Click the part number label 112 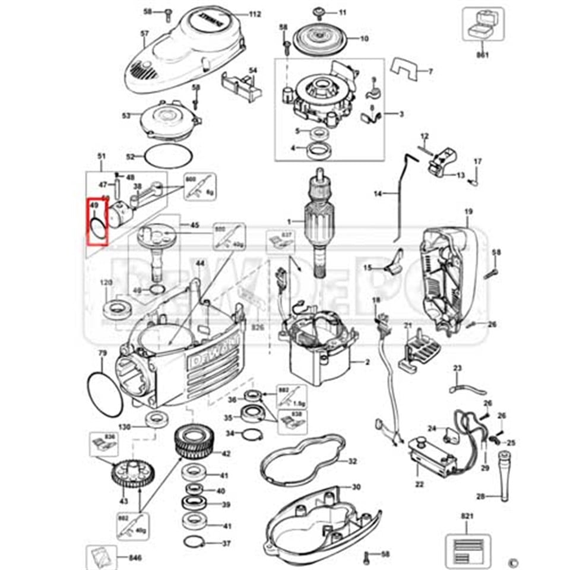pyautogui.click(x=255, y=14)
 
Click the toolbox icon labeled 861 pyautogui.click(x=483, y=24)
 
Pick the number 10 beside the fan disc pyautogui.click(x=364, y=39)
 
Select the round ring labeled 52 pyautogui.click(x=169, y=157)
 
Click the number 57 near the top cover pyautogui.click(x=144, y=33)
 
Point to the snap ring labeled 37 pyautogui.click(x=194, y=542)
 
